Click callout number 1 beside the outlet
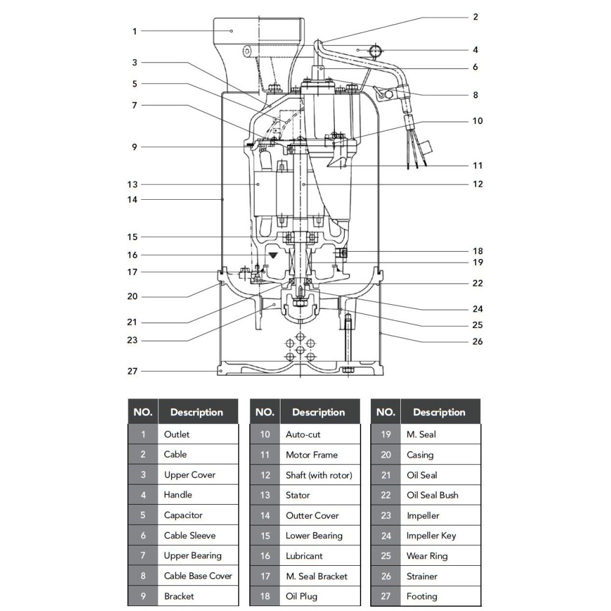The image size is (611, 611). pos(134,31)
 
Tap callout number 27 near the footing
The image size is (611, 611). pos(133,371)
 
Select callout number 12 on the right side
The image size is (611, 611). pos(478,184)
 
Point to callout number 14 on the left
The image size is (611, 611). pos(133,200)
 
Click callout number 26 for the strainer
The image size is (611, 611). pos(478,342)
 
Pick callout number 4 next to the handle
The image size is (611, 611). pos(475,50)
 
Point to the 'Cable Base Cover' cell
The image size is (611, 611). pos(198,576)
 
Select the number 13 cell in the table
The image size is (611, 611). pos(265,496)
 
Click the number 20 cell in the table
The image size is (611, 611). pos(386,455)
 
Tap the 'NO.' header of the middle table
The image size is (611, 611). pos(265,412)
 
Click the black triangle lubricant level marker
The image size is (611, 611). pos(273,255)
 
